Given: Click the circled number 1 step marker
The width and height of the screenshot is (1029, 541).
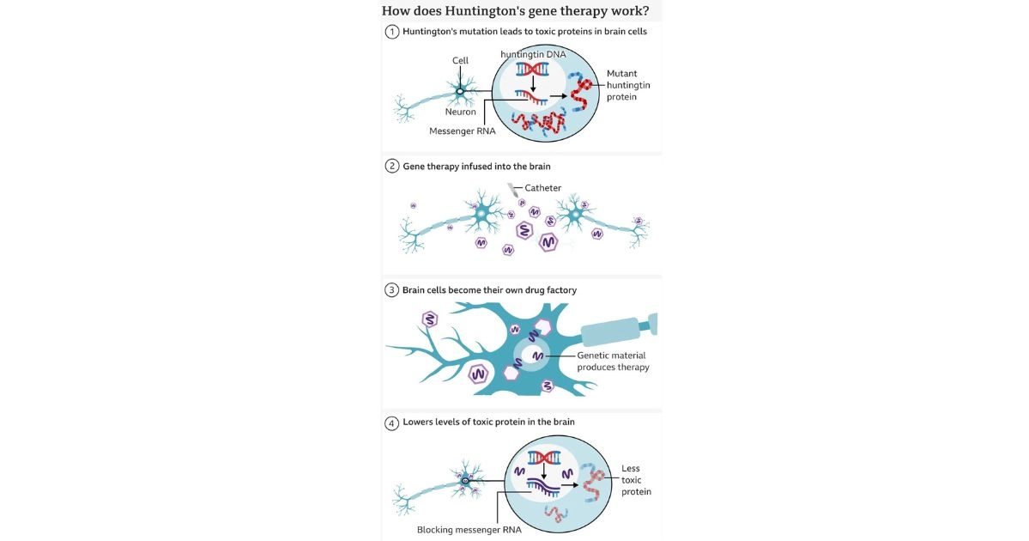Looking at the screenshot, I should coord(392,32).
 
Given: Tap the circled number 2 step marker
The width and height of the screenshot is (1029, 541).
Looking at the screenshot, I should coord(392,167).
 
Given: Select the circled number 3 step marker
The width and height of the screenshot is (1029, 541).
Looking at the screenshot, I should coord(392,290).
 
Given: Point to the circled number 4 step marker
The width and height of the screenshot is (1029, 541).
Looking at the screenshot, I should coord(392,422).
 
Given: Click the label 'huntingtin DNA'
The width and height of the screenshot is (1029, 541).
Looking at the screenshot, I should coord(534,53).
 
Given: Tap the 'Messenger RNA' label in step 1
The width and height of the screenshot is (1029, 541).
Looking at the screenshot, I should coord(463,131).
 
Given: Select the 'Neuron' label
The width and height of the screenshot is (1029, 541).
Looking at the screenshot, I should coord(460,112).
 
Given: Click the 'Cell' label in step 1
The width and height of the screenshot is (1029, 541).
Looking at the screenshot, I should coord(461,60).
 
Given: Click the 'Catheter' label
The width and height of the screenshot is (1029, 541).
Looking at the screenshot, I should coord(542,188).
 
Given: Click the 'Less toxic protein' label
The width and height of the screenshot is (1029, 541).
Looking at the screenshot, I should coord(636,480).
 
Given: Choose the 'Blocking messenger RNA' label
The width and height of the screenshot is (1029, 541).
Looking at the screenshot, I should coord(469,530).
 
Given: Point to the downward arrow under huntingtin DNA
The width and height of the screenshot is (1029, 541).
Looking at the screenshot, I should coord(533,86).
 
